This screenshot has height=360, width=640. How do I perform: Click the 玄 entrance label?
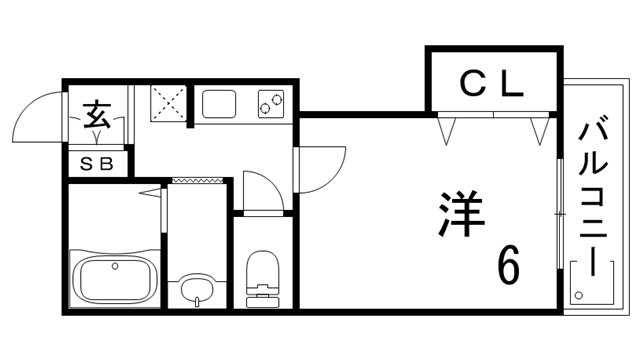click(96, 114)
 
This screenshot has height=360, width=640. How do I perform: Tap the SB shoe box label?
click(98, 162)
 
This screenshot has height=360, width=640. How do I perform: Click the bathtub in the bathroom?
click(113, 279)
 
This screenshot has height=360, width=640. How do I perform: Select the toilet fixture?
click(262, 273)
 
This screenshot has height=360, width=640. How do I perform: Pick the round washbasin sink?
click(197, 291)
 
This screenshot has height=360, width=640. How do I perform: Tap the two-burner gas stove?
click(270, 101)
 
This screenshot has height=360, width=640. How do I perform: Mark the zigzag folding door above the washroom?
click(197, 180)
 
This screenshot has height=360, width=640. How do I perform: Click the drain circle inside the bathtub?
click(116, 267)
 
